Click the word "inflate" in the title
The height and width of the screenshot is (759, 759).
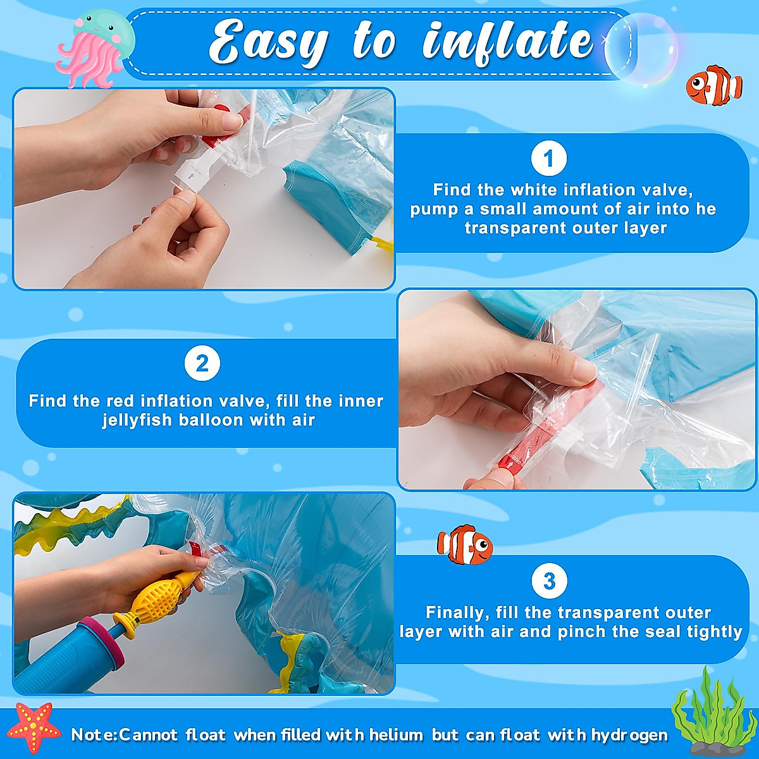(508, 44)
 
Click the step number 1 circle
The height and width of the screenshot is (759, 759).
(548, 158)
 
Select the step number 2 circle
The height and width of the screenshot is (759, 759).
(202, 363)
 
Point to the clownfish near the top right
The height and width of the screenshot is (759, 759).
(713, 85)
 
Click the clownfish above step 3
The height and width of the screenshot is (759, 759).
(465, 545)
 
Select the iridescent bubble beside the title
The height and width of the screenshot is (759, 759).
(641, 49)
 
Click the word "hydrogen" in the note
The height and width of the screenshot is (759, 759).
(629, 735)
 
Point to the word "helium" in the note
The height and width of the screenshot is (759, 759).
(396, 734)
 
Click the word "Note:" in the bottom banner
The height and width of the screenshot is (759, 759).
(94, 734)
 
